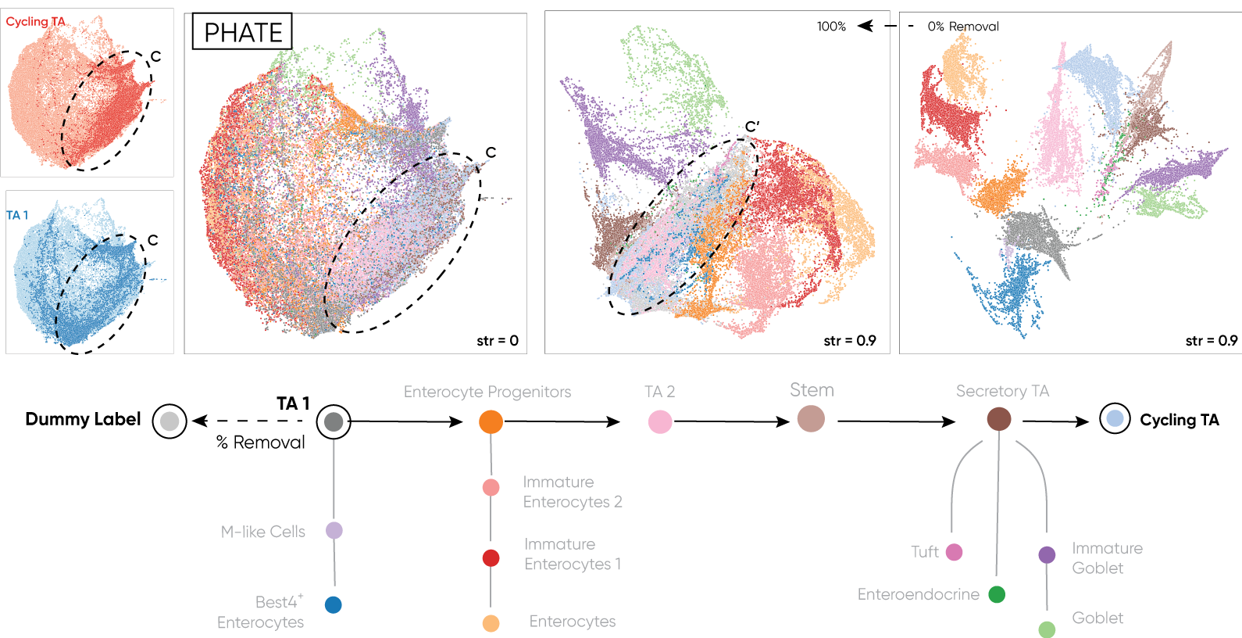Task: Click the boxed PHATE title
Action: coord(242,32)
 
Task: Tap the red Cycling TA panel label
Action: coord(35,22)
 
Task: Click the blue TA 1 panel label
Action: coord(17,215)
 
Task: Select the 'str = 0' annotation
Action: coord(498,341)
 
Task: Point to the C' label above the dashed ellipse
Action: coord(752,126)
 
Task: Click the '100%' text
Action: coord(831,27)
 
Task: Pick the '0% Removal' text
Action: coord(963,27)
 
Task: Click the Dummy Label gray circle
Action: coord(170,421)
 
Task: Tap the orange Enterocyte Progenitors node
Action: coord(491,421)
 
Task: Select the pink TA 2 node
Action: coord(660,422)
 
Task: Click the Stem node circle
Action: coord(811,419)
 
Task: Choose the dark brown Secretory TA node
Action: coord(999,419)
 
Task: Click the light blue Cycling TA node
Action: coord(1115,419)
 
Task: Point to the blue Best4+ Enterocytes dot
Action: coord(334,604)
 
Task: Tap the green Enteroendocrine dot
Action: coord(997,594)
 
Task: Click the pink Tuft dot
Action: coord(954,552)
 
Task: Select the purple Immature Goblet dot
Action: coord(1047,555)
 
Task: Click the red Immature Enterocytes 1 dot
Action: coord(491,558)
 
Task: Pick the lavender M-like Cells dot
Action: coord(334,531)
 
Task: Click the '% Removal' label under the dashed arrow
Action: coord(260,443)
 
